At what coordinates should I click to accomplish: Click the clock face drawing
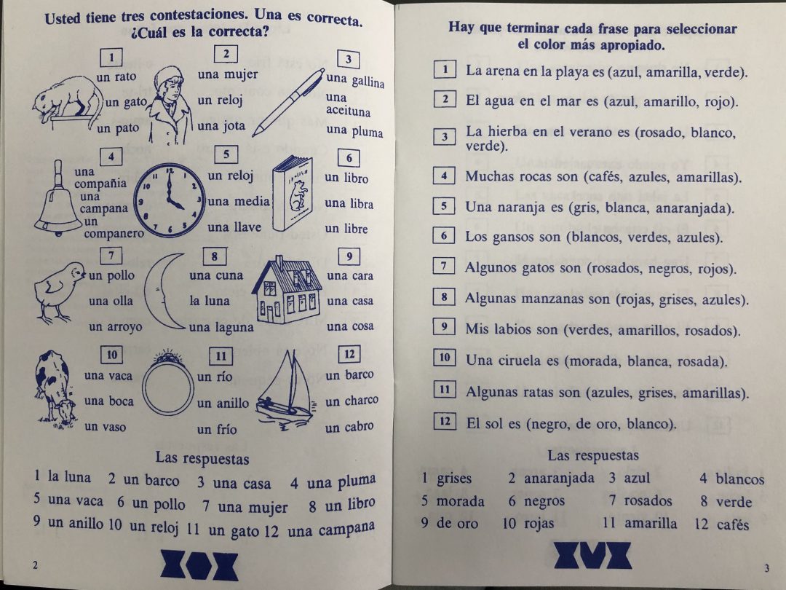tap(169, 200)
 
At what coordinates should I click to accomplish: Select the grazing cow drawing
tap(54, 387)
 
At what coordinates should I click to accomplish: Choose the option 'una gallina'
tap(355, 80)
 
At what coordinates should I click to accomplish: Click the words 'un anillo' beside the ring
tap(223, 403)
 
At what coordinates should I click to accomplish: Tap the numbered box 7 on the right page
tap(443, 267)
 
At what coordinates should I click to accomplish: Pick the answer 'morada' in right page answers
tap(460, 501)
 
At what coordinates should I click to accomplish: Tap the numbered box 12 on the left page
tap(349, 354)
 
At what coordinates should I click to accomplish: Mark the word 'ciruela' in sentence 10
tap(525, 361)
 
